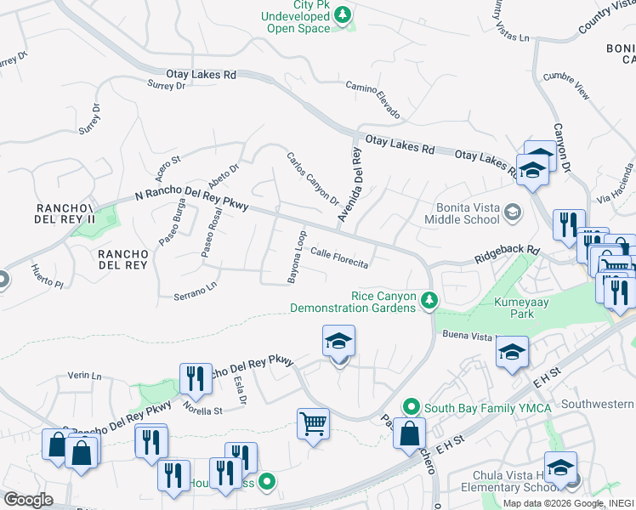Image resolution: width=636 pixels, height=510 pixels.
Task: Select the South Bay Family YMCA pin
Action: click(x=411, y=407)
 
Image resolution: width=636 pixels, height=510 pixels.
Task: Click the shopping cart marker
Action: click(x=313, y=422)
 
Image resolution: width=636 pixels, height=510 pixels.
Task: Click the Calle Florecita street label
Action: click(x=339, y=258)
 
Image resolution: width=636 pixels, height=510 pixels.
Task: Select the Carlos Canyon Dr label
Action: click(x=313, y=178)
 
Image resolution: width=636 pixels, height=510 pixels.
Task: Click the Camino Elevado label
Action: click(x=372, y=99)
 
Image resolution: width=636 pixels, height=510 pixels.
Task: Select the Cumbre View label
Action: click(x=566, y=86)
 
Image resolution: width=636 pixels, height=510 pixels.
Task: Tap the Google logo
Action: click(x=29, y=500)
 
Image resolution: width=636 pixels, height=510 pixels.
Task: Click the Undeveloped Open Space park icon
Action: click(x=343, y=14)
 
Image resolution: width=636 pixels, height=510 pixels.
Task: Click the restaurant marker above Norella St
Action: click(x=196, y=379)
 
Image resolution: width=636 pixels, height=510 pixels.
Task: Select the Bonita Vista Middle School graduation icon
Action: click(x=512, y=212)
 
